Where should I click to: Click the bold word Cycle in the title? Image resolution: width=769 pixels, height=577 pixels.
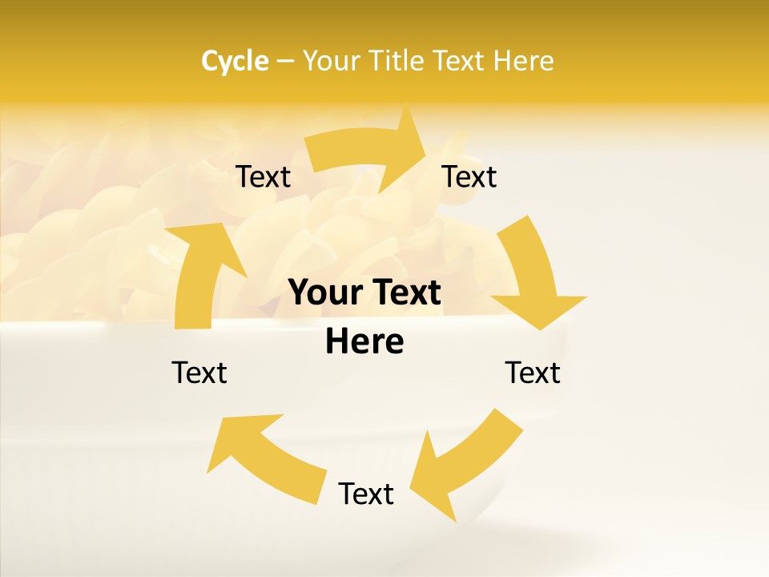pyautogui.click(x=235, y=61)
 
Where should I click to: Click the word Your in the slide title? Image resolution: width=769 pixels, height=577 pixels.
pyautogui.click(x=330, y=61)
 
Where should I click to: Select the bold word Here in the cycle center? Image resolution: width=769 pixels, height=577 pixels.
pyautogui.click(x=364, y=342)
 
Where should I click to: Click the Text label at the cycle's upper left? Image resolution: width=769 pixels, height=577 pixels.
pyautogui.click(x=263, y=177)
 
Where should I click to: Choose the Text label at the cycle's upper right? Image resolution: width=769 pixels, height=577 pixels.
pyautogui.click(x=469, y=177)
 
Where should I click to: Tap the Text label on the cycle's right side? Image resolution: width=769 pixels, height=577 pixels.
pyautogui.click(x=533, y=373)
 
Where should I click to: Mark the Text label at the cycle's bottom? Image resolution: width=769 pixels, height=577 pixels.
pyautogui.click(x=366, y=494)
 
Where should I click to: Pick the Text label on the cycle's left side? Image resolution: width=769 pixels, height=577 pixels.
pyautogui.click(x=199, y=373)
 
